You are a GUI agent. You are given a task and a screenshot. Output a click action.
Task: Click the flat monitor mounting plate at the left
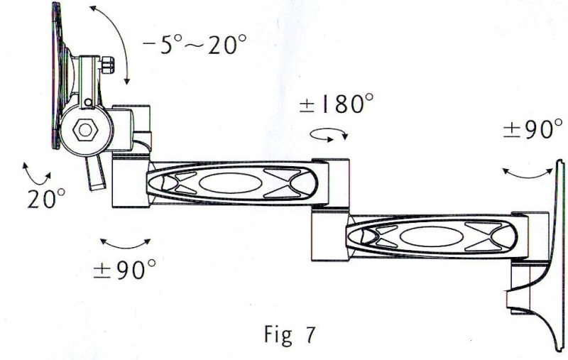coord(55,75)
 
